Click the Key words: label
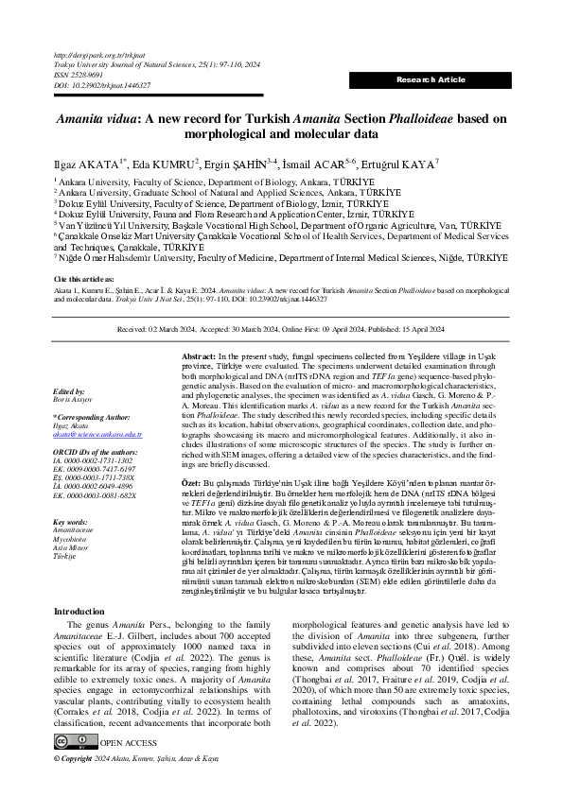tap(71, 522)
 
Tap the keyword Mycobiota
tap(70, 540)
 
